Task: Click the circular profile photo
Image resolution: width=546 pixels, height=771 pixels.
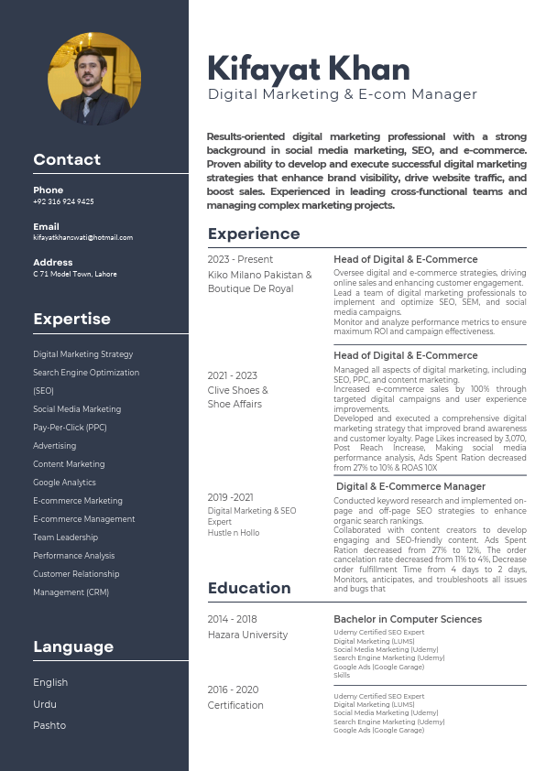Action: pyautogui.click(x=94, y=80)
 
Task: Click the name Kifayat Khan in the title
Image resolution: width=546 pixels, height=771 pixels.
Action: pyautogui.click(x=309, y=69)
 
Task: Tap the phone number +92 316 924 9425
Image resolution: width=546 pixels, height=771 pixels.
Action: pyautogui.click(x=63, y=201)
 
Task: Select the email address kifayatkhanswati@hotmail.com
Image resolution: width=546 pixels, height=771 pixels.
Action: pyautogui.click(x=82, y=237)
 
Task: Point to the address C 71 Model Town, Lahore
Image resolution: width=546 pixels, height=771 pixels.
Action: pyautogui.click(x=75, y=274)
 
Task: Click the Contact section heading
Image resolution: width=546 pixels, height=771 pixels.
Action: pyautogui.click(x=67, y=159)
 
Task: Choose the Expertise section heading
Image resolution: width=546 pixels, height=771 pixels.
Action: pyautogui.click(x=71, y=319)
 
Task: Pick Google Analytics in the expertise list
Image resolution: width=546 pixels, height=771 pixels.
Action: pyautogui.click(x=64, y=483)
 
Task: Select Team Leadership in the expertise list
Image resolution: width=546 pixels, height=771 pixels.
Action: pyautogui.click(x=65, y=538)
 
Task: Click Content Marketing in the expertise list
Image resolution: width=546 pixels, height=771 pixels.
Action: pyautogui.click(x=69, y=464)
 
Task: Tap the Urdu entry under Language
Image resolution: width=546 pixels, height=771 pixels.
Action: pyautogui.click(x=45, y=704)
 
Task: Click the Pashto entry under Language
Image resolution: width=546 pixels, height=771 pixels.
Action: pyautogui.click(x=49, y=725)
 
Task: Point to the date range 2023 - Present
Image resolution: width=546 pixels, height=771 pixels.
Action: pyautogui.click(x=240, y=259)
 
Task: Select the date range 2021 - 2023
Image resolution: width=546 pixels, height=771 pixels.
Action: pyautogui.click(x=233, y=375)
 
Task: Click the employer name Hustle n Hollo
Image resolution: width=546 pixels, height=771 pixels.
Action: pyautogui.click(x=234, y=532)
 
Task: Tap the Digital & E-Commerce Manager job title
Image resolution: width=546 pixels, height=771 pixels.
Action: pyautogui.click(x=410, y=486)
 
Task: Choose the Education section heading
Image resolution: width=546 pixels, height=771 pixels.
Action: pyautogui.click(x=249, y=588)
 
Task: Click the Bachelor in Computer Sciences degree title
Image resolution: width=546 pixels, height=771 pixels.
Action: pyautogui.click(x=407, y=619)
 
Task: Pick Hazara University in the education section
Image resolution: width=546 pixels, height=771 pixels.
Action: pyautogui.click(x=247, y=635)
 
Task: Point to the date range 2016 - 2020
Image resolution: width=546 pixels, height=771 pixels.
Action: pyautogui.click(x=233, y=690)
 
